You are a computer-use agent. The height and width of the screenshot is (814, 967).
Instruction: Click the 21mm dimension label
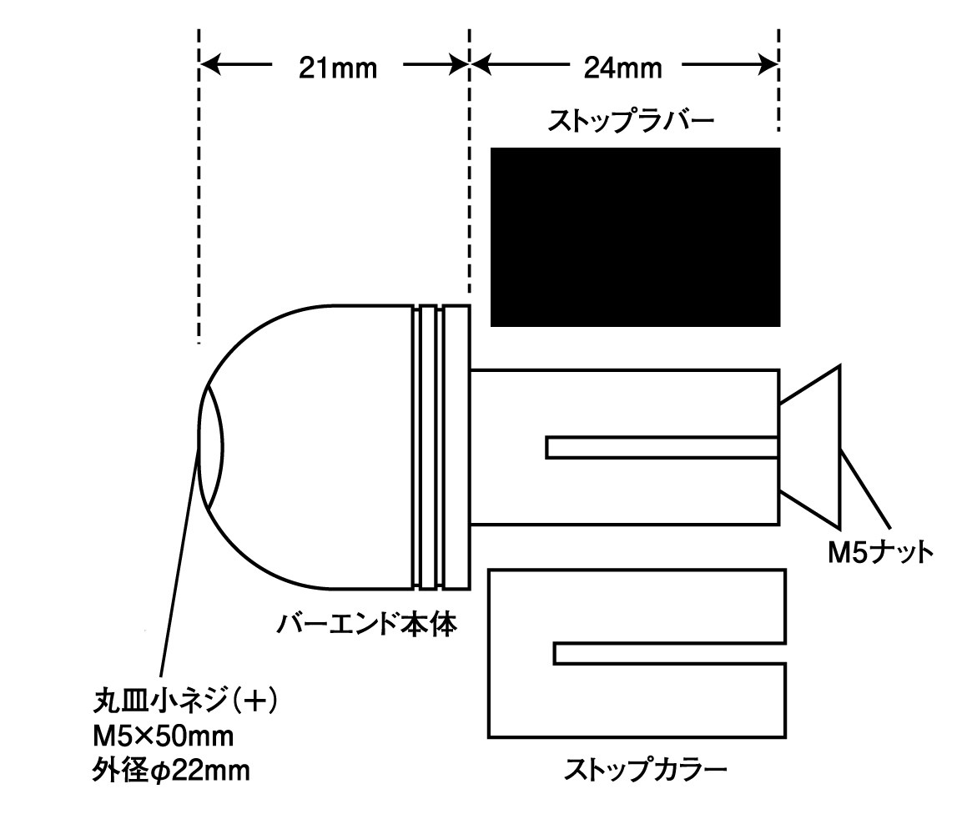click(x=338, y=68)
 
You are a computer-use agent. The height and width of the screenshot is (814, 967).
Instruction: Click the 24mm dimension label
click(x=623, y=68)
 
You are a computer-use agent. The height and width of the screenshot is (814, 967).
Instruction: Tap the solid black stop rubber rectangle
click(x=635, y=237)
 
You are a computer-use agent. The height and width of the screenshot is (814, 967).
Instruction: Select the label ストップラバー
click(x=631, y=121)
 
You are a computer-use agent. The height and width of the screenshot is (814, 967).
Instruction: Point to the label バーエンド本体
click(x=366, y=624)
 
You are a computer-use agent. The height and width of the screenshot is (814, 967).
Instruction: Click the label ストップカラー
click(x=646, y=769)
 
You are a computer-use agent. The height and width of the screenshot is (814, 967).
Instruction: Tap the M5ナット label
click(x=881, y=552)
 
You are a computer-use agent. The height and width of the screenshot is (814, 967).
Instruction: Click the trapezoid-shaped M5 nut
click(x=810, y=447)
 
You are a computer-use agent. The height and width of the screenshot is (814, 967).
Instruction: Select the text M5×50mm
click(x=164, y=736)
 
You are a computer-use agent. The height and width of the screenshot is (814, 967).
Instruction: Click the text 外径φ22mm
click(x=171, y=771)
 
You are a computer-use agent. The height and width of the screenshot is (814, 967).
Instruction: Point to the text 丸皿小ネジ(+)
click(x=185, y=701)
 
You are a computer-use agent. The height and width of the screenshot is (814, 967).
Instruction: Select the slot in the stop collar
click(x=669, y=654)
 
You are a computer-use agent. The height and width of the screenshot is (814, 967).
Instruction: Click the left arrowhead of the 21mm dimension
click(x=209, y=64)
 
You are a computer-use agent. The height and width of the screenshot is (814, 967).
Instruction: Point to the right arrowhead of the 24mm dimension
click(x=768, y=64)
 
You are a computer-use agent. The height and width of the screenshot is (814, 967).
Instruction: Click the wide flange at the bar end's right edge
click(x=456, y=446)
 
